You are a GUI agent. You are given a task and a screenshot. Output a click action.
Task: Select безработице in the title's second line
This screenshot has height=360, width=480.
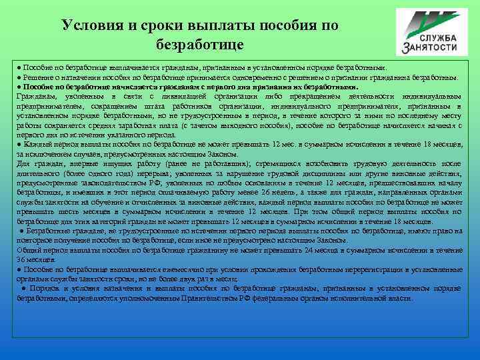click(x=199, y=45)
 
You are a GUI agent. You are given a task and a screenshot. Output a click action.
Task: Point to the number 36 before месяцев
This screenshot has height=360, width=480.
click(x=23, y=259)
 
